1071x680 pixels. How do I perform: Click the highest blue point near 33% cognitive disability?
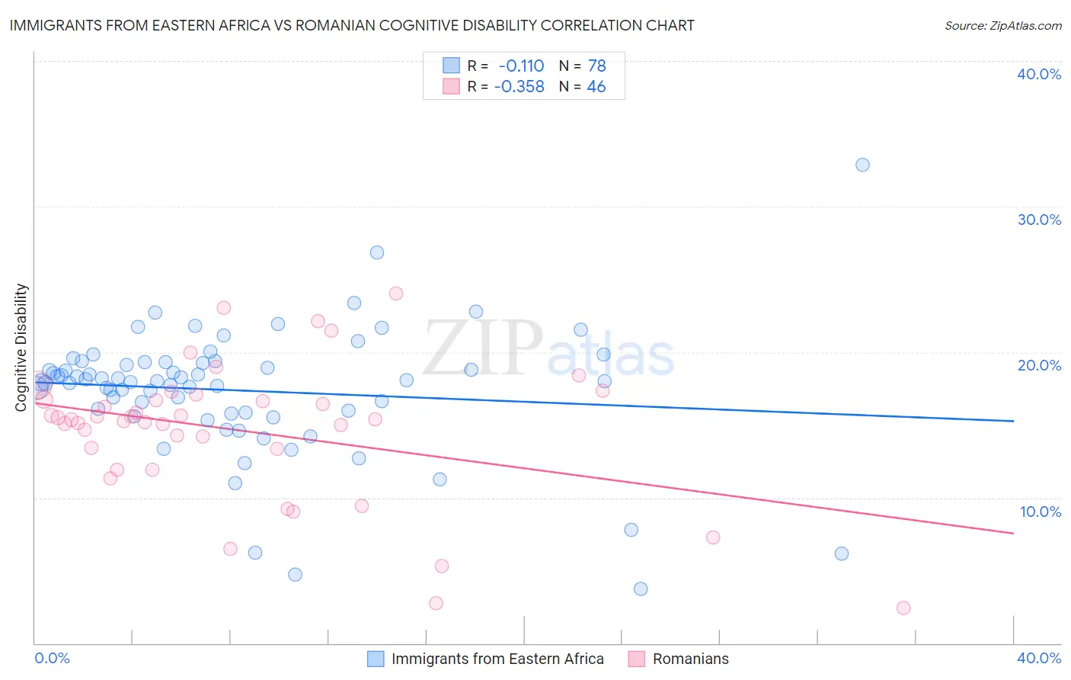(862, 165)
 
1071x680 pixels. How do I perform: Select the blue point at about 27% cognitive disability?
(377, 252)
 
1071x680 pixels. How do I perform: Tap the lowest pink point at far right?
(903, 608)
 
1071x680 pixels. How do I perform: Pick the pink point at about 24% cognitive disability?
(396, 293)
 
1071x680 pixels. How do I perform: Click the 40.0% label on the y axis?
(1039, 74)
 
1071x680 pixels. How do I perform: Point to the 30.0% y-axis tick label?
(1039, 220)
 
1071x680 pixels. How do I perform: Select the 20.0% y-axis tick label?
(1039, 365)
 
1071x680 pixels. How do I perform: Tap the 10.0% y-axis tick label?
(1041, 512)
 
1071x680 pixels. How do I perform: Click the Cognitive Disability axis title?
(21, 348)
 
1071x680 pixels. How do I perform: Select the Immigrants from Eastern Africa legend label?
(497, 659)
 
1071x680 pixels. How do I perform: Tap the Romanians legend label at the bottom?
(690, 659)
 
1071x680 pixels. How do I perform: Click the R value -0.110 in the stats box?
(521, 66)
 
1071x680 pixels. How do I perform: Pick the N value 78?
(596, 66)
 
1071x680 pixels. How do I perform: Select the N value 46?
(596, 87)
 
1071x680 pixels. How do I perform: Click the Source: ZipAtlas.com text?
(1002, 26)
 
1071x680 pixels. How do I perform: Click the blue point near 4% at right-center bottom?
(641, 589)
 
